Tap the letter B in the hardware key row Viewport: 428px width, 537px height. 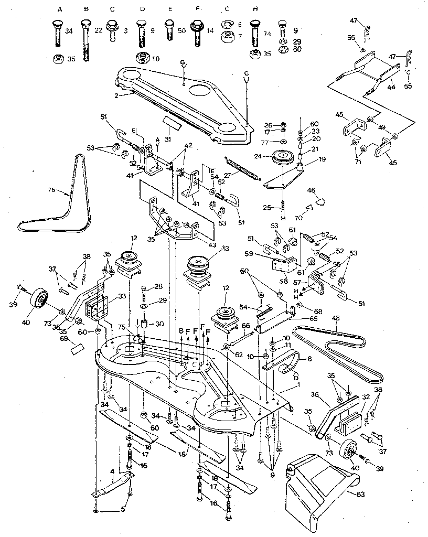[x=85, y=9]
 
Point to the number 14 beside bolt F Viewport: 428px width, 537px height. [x=210, y=31]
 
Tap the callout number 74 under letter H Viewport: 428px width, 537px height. [x=267, y=33]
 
